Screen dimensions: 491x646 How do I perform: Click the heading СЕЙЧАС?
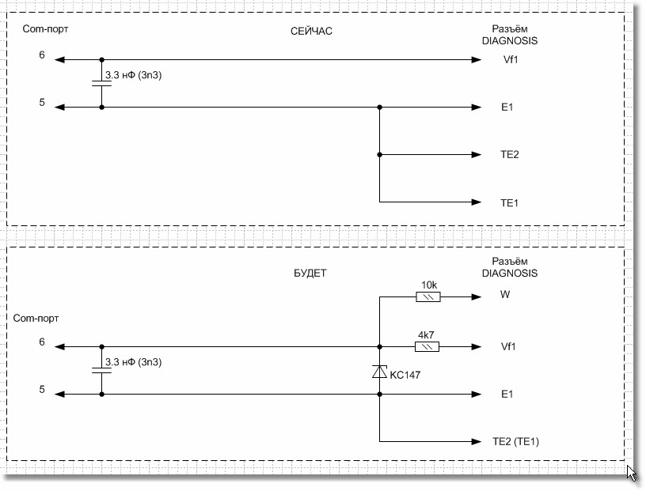click(x=311, y=32)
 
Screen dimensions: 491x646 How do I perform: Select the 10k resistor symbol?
click(x=427, y=297)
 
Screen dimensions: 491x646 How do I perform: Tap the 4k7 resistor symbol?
click(x=427, y=346)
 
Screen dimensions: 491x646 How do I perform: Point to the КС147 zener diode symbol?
click(x=380, y=372)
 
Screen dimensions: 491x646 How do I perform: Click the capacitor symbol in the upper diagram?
click(x=101, y=83)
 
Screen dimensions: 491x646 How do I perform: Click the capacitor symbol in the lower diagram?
click(x=101, y=370)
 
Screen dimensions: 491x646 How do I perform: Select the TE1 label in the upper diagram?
click(x=509, y=203)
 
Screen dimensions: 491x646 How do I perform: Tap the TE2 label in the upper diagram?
click(x=509, y=155)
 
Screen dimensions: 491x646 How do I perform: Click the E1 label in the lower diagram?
click(x=507, y=394)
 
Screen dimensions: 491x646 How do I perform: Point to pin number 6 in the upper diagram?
click(x=41, y=56)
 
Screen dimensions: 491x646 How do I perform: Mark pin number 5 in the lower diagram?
click(x=41, y=389)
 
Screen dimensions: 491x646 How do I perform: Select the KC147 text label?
click(x=405, y=375)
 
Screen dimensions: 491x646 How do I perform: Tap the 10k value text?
click(x=428, y=285)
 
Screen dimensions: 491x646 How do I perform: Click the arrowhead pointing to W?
click(x=475, y=297)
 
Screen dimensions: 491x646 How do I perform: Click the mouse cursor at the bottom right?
click(x=632, y=473)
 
